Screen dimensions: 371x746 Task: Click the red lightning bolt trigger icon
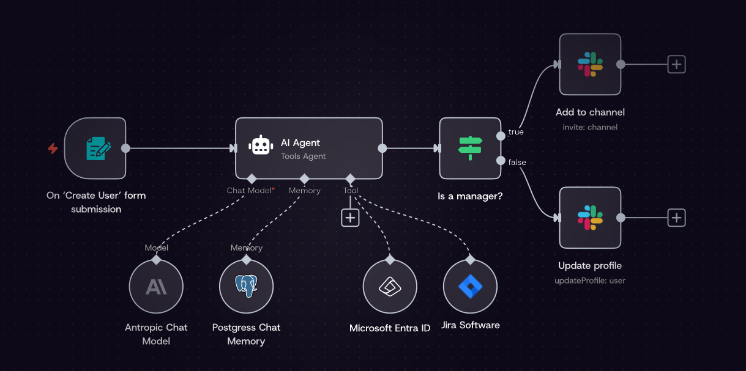point(53,149)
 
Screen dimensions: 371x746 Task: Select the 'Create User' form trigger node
point(95,149)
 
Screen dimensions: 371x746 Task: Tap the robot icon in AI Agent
point(260,145)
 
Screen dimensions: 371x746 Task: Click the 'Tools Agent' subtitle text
point(303,156)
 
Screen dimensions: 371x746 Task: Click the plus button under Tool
point(350,218)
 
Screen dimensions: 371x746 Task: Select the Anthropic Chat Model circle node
point(156,287)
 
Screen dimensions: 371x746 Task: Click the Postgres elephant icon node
point(246,287)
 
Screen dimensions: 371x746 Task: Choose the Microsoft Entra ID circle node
point(390,287)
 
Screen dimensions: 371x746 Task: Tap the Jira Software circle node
point(470,287)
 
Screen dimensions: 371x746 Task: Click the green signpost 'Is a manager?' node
point(470,148)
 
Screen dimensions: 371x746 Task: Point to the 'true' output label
point(516,132)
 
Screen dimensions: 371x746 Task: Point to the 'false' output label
point(517,163)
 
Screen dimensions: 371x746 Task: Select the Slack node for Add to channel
point(590,64)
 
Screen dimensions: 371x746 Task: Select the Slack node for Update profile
point(590,218)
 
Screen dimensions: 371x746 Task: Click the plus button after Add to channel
point(676,64)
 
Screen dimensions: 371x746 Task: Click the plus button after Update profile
point(676,218)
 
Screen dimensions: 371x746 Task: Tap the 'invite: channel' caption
point(590,127)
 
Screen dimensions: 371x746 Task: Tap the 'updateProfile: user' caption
point(590,281)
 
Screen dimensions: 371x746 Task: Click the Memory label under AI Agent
point(305,191)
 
